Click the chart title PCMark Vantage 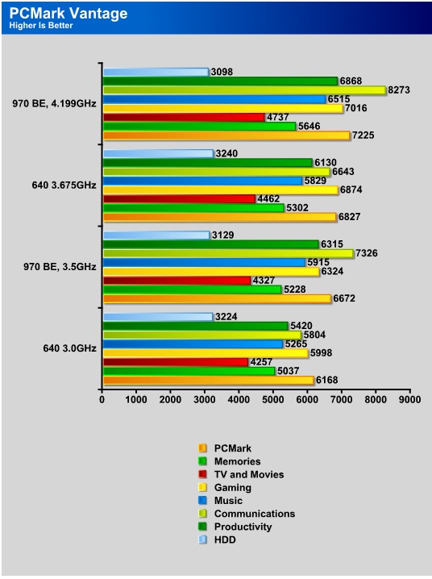[x=69, y=13]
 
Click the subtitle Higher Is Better [x=41, y=26]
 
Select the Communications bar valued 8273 [x=244, y=90]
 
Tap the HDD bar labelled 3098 [x=156, y=72]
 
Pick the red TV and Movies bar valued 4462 [x=179, y=199]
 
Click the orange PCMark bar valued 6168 [x=209, y=381]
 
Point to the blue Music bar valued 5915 [x=204, y=263]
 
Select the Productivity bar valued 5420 [x=196, y=326]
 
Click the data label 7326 [x=367, y=253]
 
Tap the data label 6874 [x=351, y=190]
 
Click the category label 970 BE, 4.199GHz [x=54, y=103]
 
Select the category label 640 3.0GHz [x=70, y=348]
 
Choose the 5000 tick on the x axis [x=273, y=399]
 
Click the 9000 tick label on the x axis [x=410, y=399]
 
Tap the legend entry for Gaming [x=225, y=487]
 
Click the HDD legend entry [x=218, y=539]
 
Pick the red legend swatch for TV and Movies [x=202, y=474]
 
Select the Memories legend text [x=237, y=461]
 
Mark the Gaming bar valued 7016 [x=223, y=108]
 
